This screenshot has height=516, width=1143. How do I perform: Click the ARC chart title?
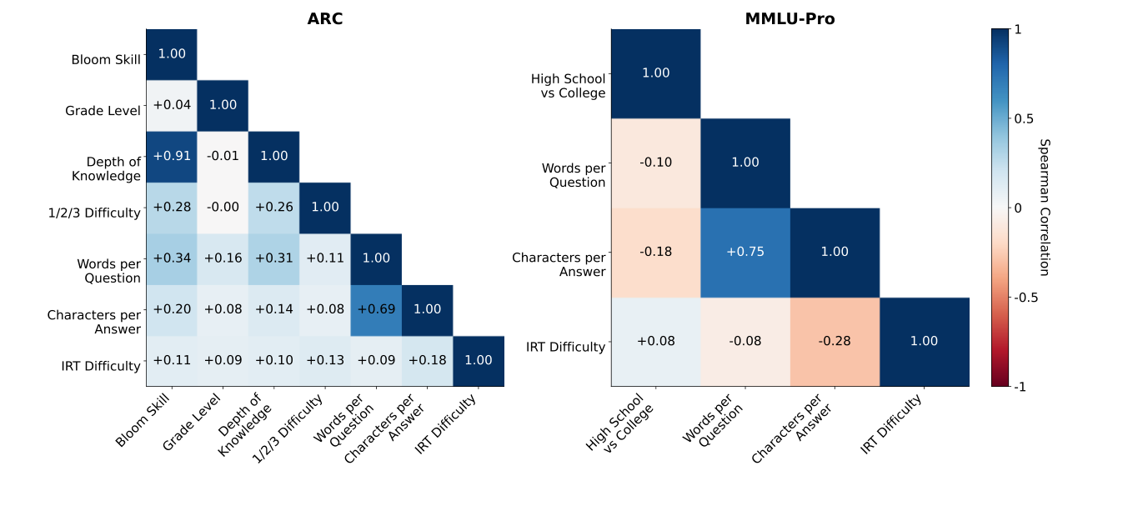click(x=324, y=19)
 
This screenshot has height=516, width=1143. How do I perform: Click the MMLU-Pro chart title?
click(x=790, y=19)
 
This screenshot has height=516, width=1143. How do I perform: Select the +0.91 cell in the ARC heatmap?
click(x=172, y=156)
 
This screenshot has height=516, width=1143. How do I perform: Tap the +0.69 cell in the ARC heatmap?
click(x=376, y=309)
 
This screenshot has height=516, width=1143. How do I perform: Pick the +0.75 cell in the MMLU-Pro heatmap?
click(x=744, y=252)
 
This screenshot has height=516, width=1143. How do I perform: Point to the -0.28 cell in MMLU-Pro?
click(x=835, y=341)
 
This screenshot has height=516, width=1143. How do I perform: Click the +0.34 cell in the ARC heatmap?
click(x=172, y=258)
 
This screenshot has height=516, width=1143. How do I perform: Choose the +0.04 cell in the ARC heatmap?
click(x=172, y=105)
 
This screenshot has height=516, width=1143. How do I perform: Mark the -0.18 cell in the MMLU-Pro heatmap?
click(x=655, y=252)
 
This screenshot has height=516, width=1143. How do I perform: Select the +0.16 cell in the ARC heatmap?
click(x=223, y=258)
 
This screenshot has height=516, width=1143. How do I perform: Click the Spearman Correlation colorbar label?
click(x=1044, y=208)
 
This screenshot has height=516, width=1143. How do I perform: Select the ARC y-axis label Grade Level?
click(x=103, y=111)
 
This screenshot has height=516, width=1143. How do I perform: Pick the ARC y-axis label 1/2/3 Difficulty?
click(x=93, y=213)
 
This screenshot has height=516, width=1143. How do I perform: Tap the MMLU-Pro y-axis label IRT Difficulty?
click(x=565, y=347)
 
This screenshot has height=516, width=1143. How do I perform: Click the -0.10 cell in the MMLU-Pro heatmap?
click(x=655, y=163)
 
